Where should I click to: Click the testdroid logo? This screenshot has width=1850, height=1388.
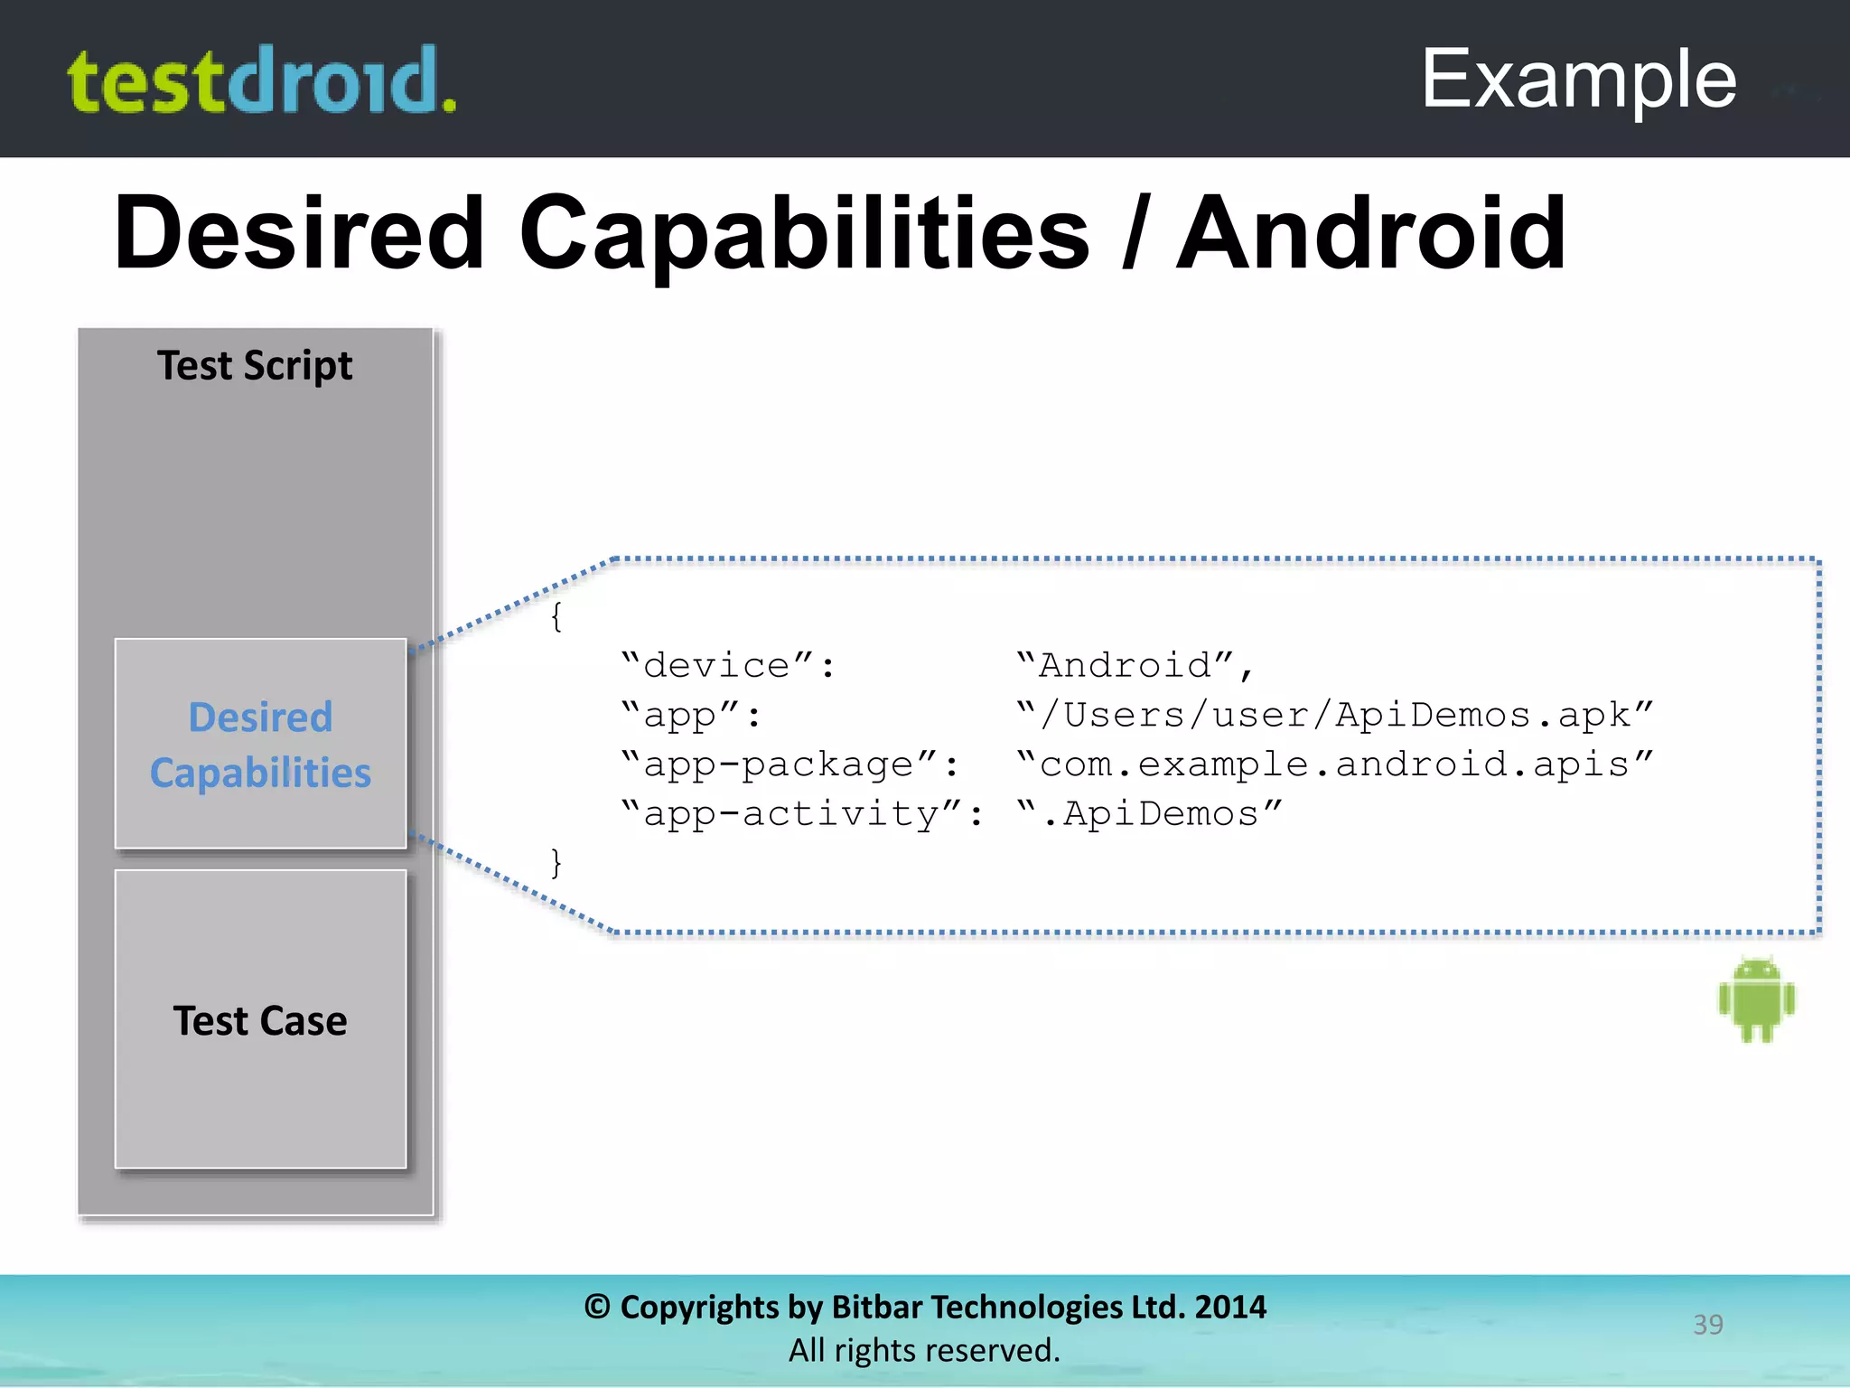click(x=262, y=81)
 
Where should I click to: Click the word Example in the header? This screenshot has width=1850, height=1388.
click(x=1578, y=80)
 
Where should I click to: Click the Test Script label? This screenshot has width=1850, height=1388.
click(x=255, y=366)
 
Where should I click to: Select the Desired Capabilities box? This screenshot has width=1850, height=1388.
click(x=260, y=744)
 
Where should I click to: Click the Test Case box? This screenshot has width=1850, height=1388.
click(x=260, y=1019)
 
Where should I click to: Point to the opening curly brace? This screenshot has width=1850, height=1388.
click(x=556, y=617)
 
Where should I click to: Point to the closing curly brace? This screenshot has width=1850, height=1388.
click(x=556, y=863)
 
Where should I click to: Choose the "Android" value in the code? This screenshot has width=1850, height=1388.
click(x=1135, y=666)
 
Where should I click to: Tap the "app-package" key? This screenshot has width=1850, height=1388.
click(x=790, y=764)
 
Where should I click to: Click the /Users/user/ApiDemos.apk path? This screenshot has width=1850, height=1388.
click(x=1334, y=715)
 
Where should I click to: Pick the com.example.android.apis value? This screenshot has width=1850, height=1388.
click(x=1334, y=764)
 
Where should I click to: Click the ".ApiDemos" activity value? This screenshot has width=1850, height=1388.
click(x=1149, y=814)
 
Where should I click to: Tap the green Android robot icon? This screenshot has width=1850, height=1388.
click(x=1757, y=1000)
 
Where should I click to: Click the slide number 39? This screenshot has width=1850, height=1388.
click(x=1707, y=1324)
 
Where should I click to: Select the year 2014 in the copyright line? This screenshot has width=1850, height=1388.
click(x=1230, y=1307)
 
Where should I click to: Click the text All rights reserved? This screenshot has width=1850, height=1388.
click(x=924, y=1350)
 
